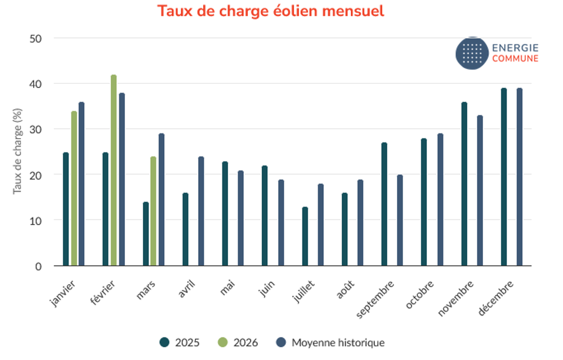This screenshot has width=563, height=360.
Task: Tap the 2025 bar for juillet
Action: tap(305, 237)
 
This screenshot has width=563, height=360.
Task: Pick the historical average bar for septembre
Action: tap(400, 220)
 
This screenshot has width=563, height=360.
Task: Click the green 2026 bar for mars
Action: tap(153, 211)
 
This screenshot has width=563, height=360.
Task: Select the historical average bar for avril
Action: tap(201, 211)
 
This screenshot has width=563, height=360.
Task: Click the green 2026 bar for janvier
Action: tap(74, 189)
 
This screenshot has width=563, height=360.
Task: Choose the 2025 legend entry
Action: tap(180, 343)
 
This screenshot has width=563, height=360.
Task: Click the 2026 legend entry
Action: tap(238, 343)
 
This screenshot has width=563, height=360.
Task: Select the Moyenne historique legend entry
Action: tap(330, 343)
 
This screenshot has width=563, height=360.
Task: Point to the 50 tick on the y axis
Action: tap(38, 38)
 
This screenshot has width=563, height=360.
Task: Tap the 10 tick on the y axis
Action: tap(38, 220)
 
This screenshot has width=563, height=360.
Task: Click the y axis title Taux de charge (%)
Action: tap(17, 152)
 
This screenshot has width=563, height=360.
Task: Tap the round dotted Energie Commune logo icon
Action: tap(472, 54)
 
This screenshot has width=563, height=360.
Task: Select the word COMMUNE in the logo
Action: tap(515, 59)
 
